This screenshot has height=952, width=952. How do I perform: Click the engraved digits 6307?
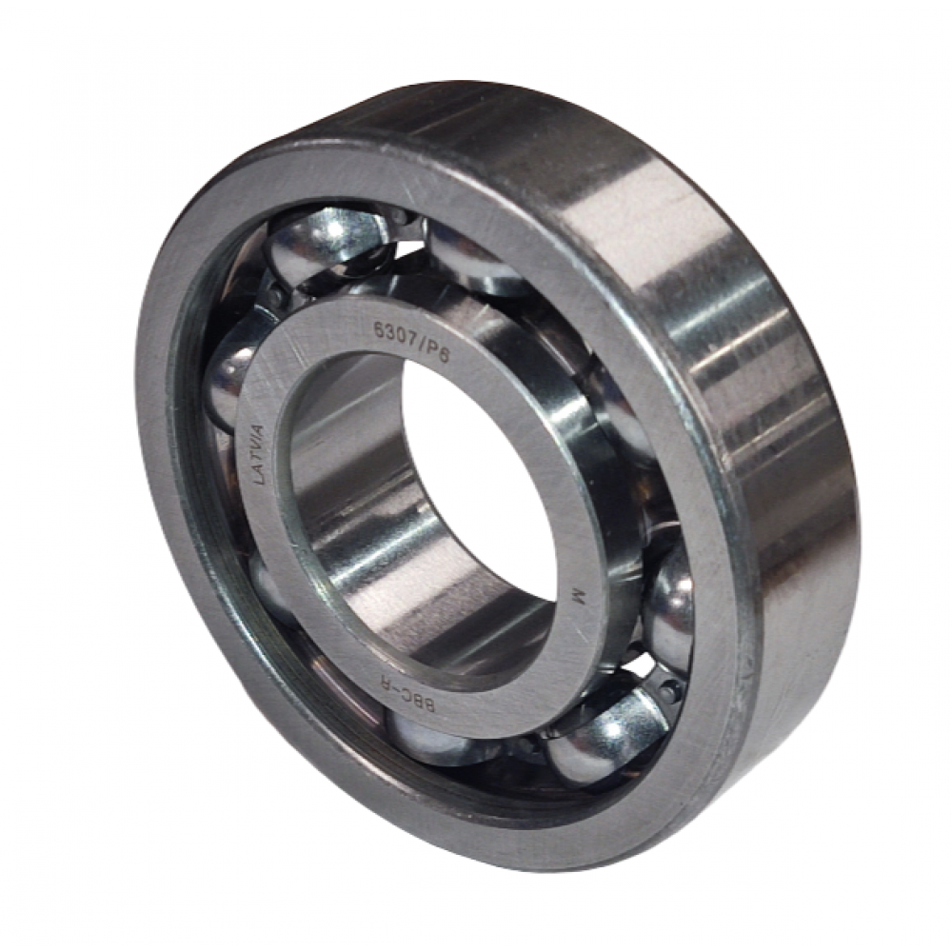(393, 334)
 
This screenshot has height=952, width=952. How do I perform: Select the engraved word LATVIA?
(259, 454)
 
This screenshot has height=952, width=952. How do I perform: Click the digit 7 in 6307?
(408, 341)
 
